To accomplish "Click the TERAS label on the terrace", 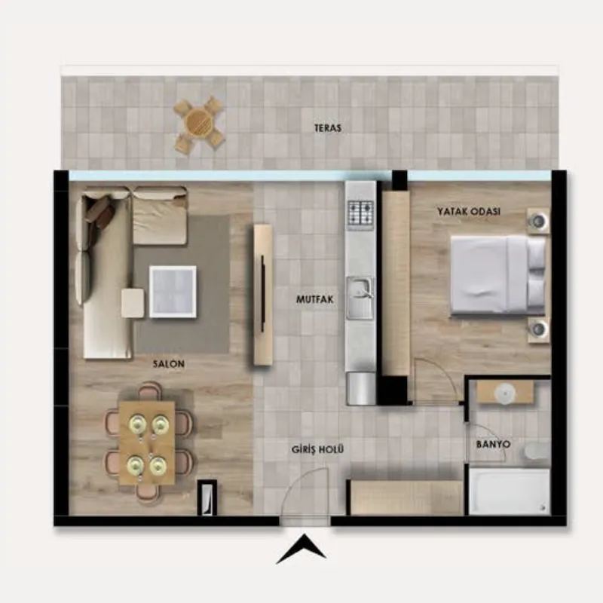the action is (328, 128).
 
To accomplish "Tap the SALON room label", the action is (169, 363).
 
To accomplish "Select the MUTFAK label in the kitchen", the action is (314, 299).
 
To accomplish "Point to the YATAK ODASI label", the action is (469, 211).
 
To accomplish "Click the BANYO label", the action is (494, 444).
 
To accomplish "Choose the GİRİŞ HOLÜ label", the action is (317, 448).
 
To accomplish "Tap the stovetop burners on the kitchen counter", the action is (361, 213).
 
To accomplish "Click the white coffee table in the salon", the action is (173, 292).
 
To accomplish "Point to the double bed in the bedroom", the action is (498, 274).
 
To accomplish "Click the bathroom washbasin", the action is (505, 393).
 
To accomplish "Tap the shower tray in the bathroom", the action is (510, 491).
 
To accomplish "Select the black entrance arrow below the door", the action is (301, 549).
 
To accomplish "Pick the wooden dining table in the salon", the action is (147, 443).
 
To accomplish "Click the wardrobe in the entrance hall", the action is (406, 497).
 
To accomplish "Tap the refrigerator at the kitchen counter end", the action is (361, 388).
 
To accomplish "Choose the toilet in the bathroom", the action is (537, 451).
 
